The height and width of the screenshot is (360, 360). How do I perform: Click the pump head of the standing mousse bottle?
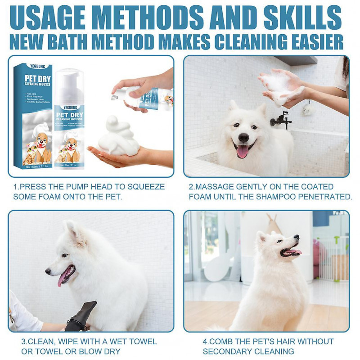(68, 79)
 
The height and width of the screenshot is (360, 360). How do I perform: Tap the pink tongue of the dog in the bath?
(243, 152)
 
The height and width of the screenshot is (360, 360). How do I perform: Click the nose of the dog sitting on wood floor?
(296, 238)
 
